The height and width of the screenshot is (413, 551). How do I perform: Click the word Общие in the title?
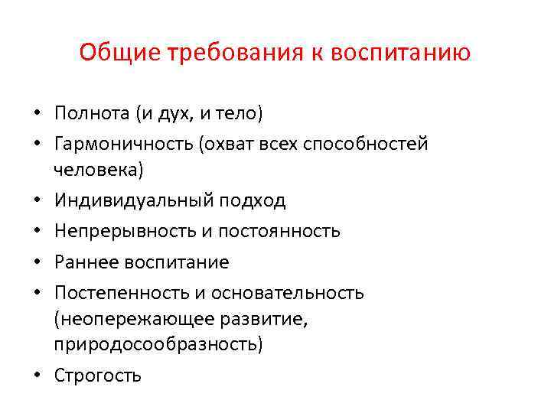click(109, 53)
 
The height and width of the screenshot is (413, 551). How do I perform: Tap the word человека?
click(98, 170)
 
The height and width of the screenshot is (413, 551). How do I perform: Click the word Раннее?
click(83, 262)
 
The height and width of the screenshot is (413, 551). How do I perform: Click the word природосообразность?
click(158, 345)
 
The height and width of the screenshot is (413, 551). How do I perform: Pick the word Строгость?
click(97, 376)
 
